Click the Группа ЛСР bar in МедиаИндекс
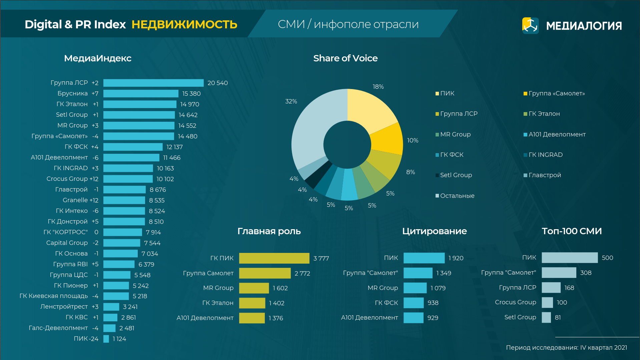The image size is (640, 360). coord(153,83)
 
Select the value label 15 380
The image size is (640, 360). coord(191,94)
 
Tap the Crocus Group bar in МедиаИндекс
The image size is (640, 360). coord(128,179)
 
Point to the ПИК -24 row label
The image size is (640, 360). coord(86,339)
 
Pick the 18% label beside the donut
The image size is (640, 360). coord(378,87)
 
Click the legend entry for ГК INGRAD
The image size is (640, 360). coord(545,155)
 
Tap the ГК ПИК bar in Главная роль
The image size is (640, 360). coord(274,258)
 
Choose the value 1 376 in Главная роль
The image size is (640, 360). coord(276,318)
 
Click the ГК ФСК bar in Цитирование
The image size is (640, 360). coord(414,303)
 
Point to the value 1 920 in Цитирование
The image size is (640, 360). coord(456,258)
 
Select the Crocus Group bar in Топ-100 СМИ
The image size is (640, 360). coord(547,303)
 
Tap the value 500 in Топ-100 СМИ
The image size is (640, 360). coord(607,258)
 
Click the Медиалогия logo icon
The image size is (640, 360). coord(530,26)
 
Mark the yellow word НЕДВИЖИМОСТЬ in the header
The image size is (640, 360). coord(184,25)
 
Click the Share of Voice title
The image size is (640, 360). coord(345,58)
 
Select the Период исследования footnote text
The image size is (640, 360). coord(566,348)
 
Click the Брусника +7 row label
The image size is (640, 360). coord(78,93)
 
